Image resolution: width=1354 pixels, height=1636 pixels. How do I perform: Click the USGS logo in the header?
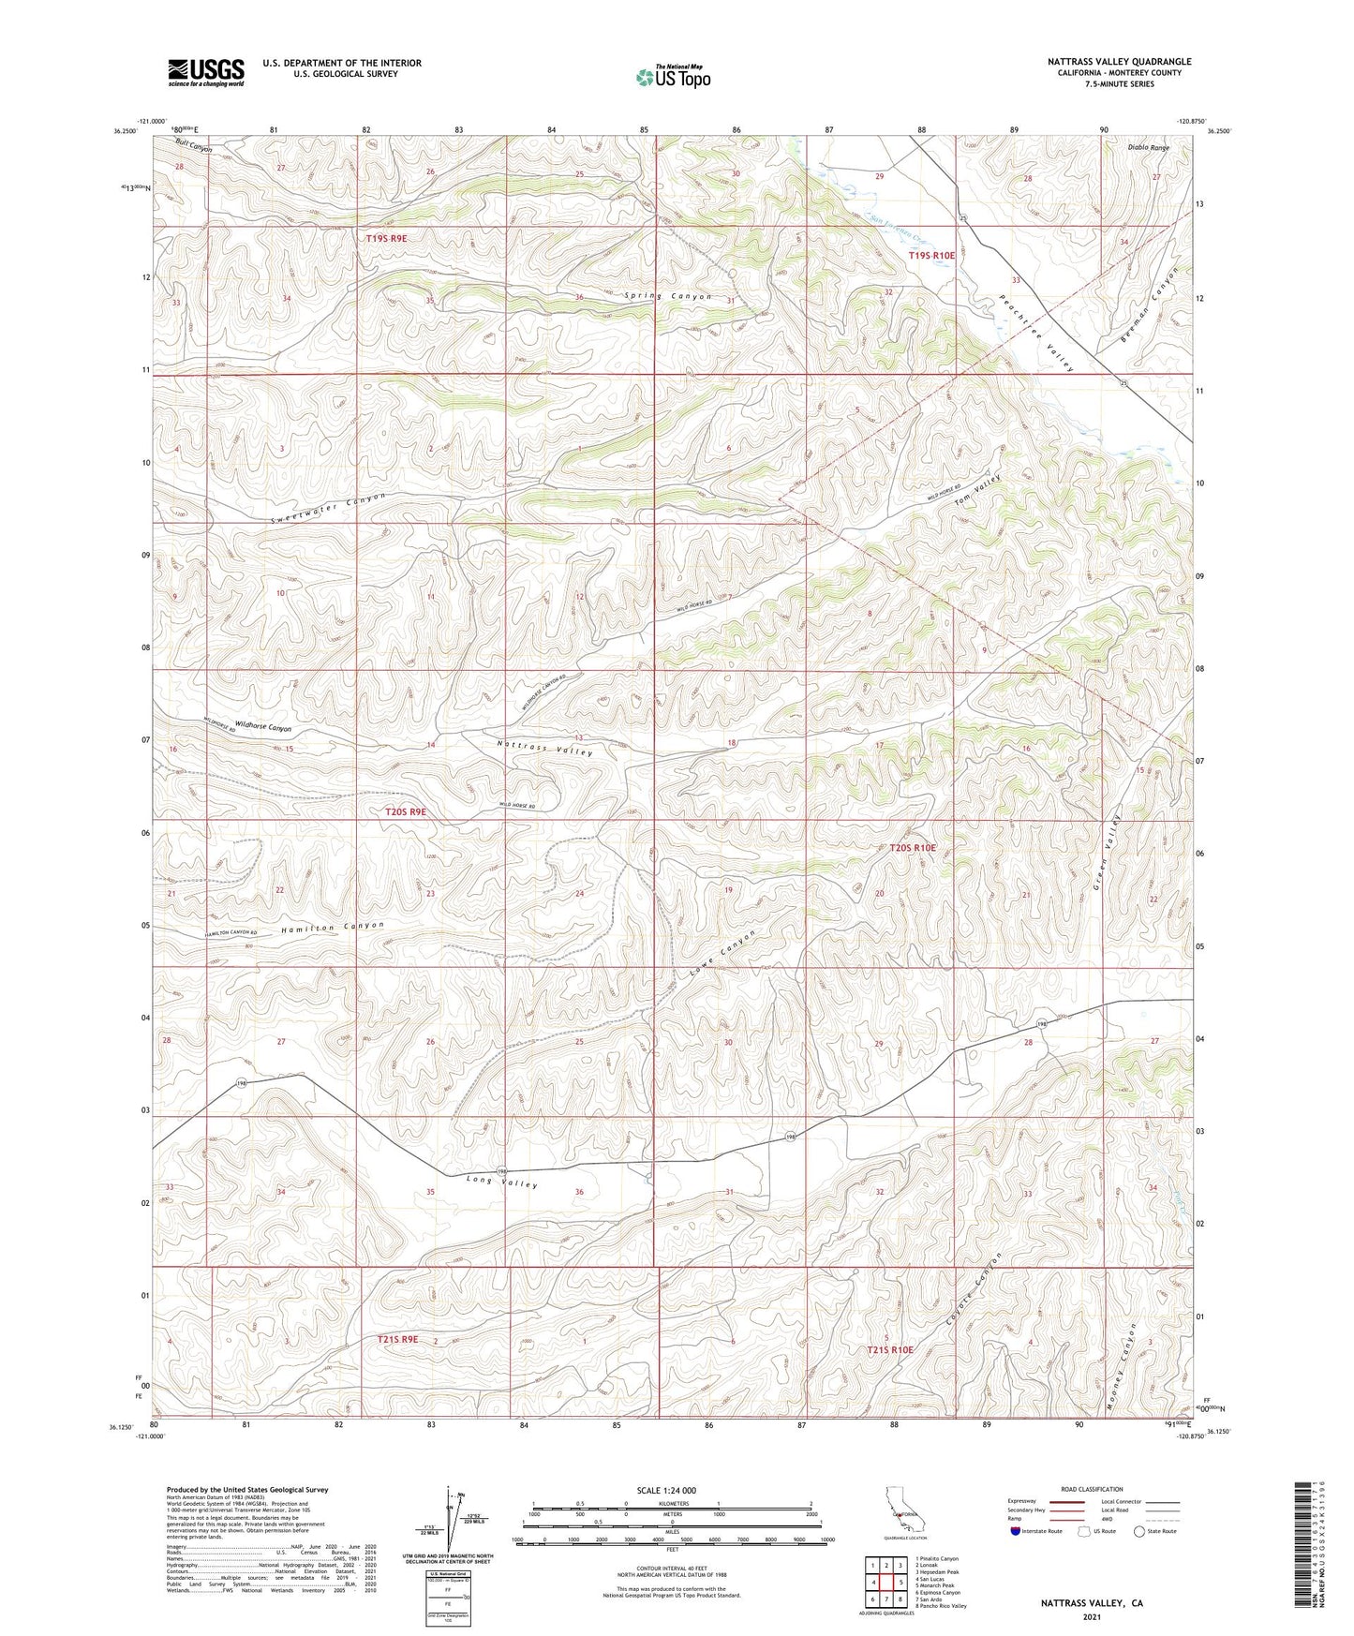pyautogui.click(x=206, y=71)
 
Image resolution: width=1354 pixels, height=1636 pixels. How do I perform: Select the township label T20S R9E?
pyautogui.click(x=406, y=811)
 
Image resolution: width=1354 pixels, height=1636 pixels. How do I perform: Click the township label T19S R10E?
pyautogui.click(x=931, y=255)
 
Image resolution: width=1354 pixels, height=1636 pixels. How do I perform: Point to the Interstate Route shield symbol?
pyautogui.click(x=1017, y=1531)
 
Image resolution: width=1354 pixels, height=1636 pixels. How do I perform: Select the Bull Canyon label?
pyautogui.click(x=194, y=147)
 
